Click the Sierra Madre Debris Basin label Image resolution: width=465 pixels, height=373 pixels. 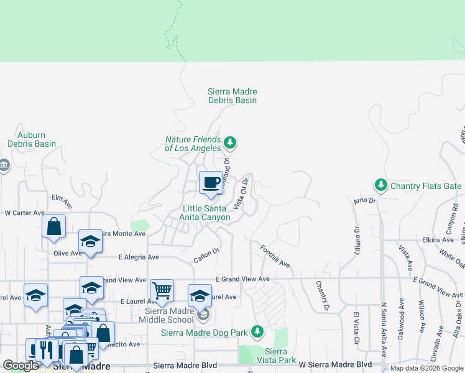232,96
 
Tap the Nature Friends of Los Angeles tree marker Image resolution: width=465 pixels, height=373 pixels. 231,144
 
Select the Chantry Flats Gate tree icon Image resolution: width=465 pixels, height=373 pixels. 380,185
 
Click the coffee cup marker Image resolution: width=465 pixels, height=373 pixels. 211,183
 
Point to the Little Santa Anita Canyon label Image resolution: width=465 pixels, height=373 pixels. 206,213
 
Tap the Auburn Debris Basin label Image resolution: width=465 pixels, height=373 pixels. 32,139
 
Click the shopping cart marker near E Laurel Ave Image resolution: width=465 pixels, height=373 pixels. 162,290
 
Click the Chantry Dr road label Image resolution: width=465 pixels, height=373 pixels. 321,296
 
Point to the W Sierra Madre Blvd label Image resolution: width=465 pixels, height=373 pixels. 335,364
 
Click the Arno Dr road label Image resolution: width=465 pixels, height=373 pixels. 365,200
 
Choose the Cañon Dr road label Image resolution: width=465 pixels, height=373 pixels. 206,255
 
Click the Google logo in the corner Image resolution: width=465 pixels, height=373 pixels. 21,366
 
